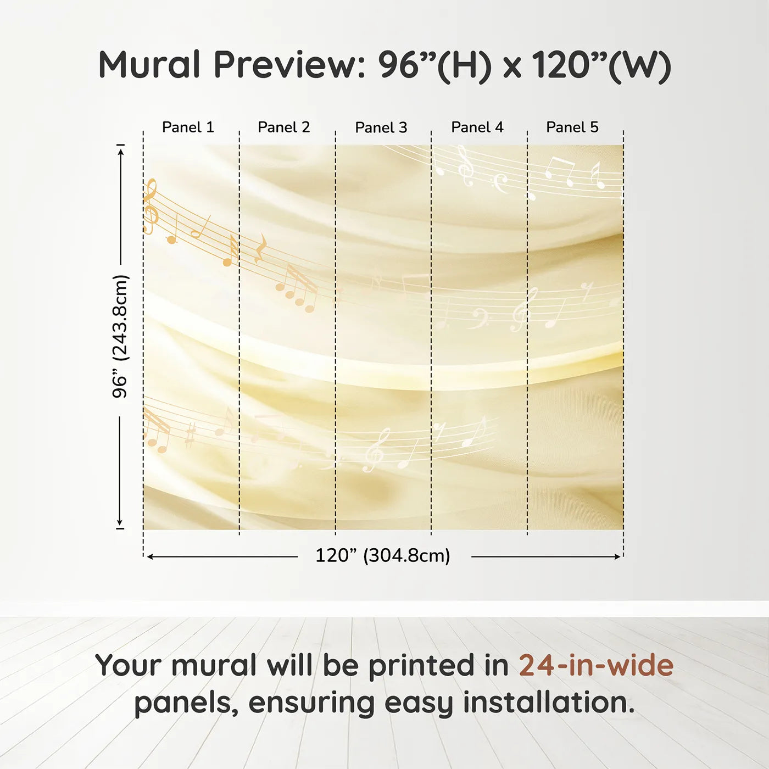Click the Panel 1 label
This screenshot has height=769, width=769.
point(188,127)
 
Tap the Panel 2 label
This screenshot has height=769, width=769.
point(284,127)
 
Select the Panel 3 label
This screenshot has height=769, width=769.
point(381,127)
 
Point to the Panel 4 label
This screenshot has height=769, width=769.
point(477,127)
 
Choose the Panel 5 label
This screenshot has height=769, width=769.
point(572,127)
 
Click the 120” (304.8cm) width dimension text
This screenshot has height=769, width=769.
point(383,555)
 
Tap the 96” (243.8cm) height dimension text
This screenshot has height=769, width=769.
point(120,336)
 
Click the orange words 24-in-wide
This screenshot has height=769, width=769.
point(596,665)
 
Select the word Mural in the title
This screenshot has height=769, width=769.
point(149,65)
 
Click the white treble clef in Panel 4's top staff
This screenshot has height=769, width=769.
point(465,166)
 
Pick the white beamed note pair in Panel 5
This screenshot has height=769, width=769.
point(560,171)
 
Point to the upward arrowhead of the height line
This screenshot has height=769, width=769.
point(121,151)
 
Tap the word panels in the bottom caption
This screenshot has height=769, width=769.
point(183,704)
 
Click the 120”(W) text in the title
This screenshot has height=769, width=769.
point(602,65)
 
